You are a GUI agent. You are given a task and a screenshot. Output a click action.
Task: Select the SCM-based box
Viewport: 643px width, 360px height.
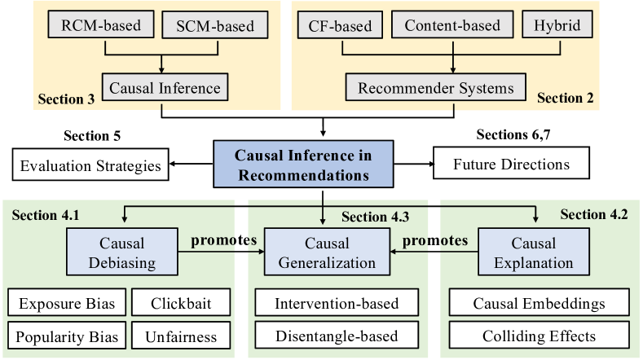coord(214,26)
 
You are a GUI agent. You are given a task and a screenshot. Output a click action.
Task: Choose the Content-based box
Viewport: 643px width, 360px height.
coord(451,26)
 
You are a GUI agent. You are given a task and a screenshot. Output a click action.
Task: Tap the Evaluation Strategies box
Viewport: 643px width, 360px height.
coord(90,166)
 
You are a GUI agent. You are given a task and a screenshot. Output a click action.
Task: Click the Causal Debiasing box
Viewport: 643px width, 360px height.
coord(121,252)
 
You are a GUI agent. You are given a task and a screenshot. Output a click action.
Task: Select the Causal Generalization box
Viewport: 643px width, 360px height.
coord(327,252)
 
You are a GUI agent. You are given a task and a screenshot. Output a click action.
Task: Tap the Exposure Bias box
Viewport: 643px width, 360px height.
coord(67,305)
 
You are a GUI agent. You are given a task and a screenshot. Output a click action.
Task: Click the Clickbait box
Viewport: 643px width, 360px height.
coord(180,305)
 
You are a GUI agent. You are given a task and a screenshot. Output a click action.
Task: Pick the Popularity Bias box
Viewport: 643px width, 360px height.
coord(67,336)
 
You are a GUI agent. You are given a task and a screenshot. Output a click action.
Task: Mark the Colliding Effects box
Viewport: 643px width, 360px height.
coord(539,336)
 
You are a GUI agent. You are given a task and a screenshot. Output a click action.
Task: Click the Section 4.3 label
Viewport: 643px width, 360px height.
coord(375,217)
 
